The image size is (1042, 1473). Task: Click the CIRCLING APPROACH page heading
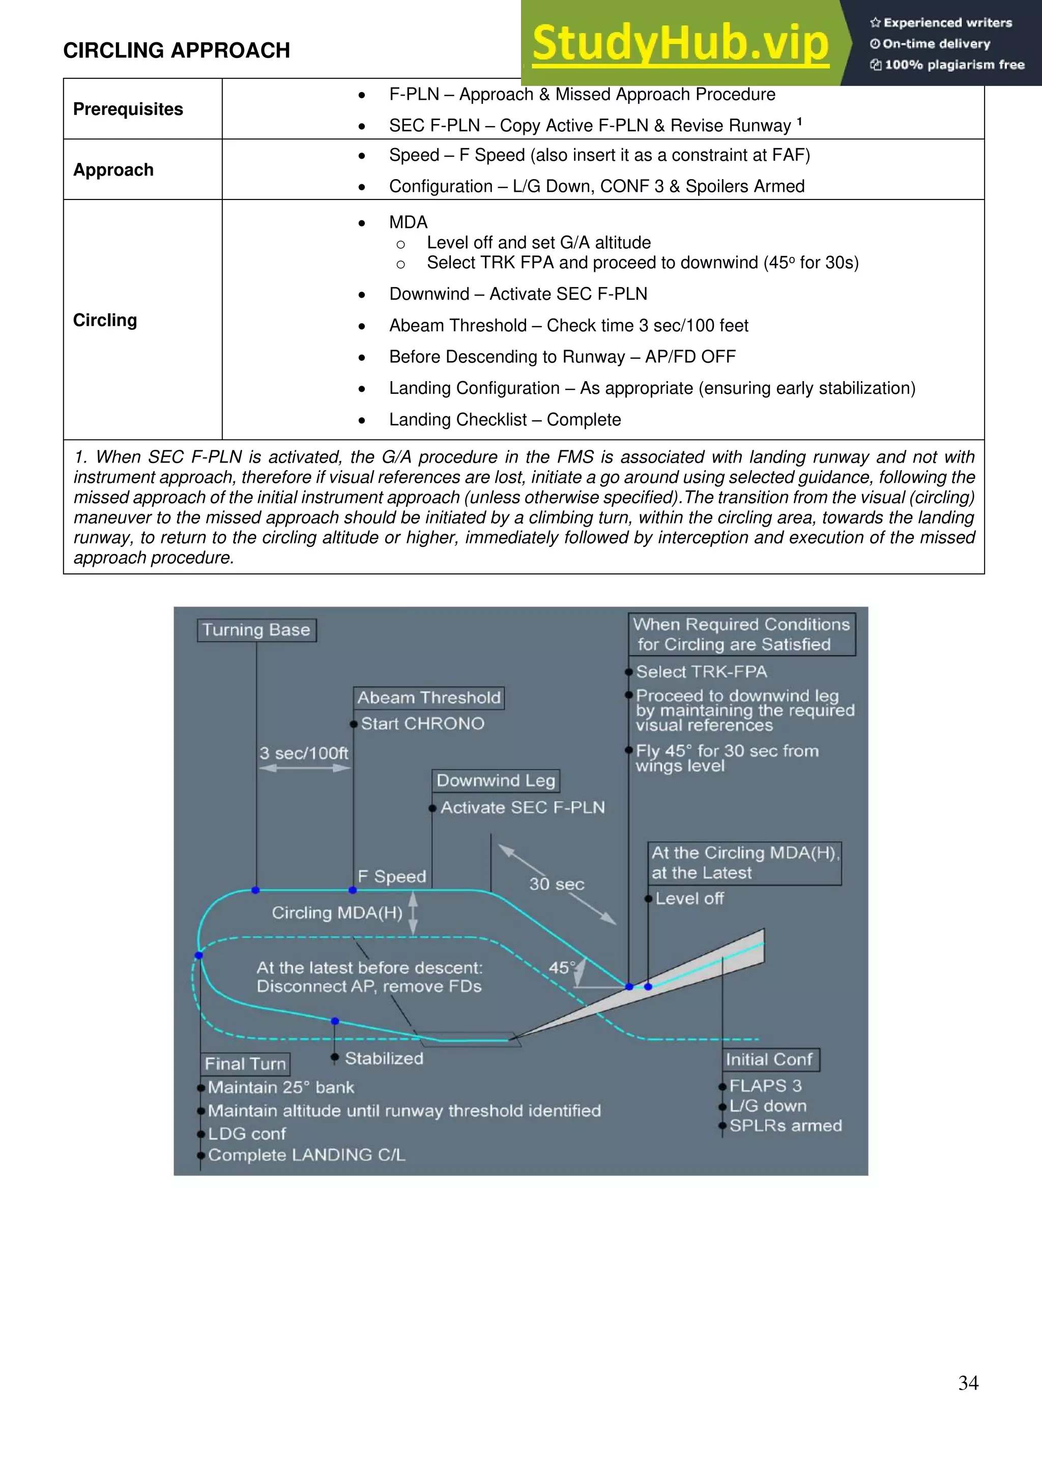coord(177,50)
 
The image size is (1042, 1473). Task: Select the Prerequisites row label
coord(128,109)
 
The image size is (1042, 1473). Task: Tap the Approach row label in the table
coord(113,170)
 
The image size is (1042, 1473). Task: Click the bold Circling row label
coord(105,320)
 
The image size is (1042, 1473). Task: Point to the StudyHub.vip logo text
coord(680,43)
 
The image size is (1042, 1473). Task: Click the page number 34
coord(968,1382)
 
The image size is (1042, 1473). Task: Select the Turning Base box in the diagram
coord(256,630)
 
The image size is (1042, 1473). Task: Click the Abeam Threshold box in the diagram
coord(428,698)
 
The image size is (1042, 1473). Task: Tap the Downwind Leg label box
coord(496,781)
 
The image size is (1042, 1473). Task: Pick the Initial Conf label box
coord(769,1059)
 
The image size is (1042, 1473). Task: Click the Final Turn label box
coord(245,1064)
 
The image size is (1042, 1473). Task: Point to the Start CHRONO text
coord(422,724)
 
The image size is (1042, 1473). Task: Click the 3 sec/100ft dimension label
coord(303,753)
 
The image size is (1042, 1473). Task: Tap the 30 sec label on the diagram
coord(556,884)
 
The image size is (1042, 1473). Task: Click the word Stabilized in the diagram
coord(384,1058)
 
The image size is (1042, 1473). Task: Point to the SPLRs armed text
coord(786,1126)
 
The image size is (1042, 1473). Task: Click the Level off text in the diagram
coord(689,899)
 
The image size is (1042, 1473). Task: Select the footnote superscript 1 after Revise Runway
coord(799,121)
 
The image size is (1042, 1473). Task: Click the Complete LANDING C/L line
coord(307,1155)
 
